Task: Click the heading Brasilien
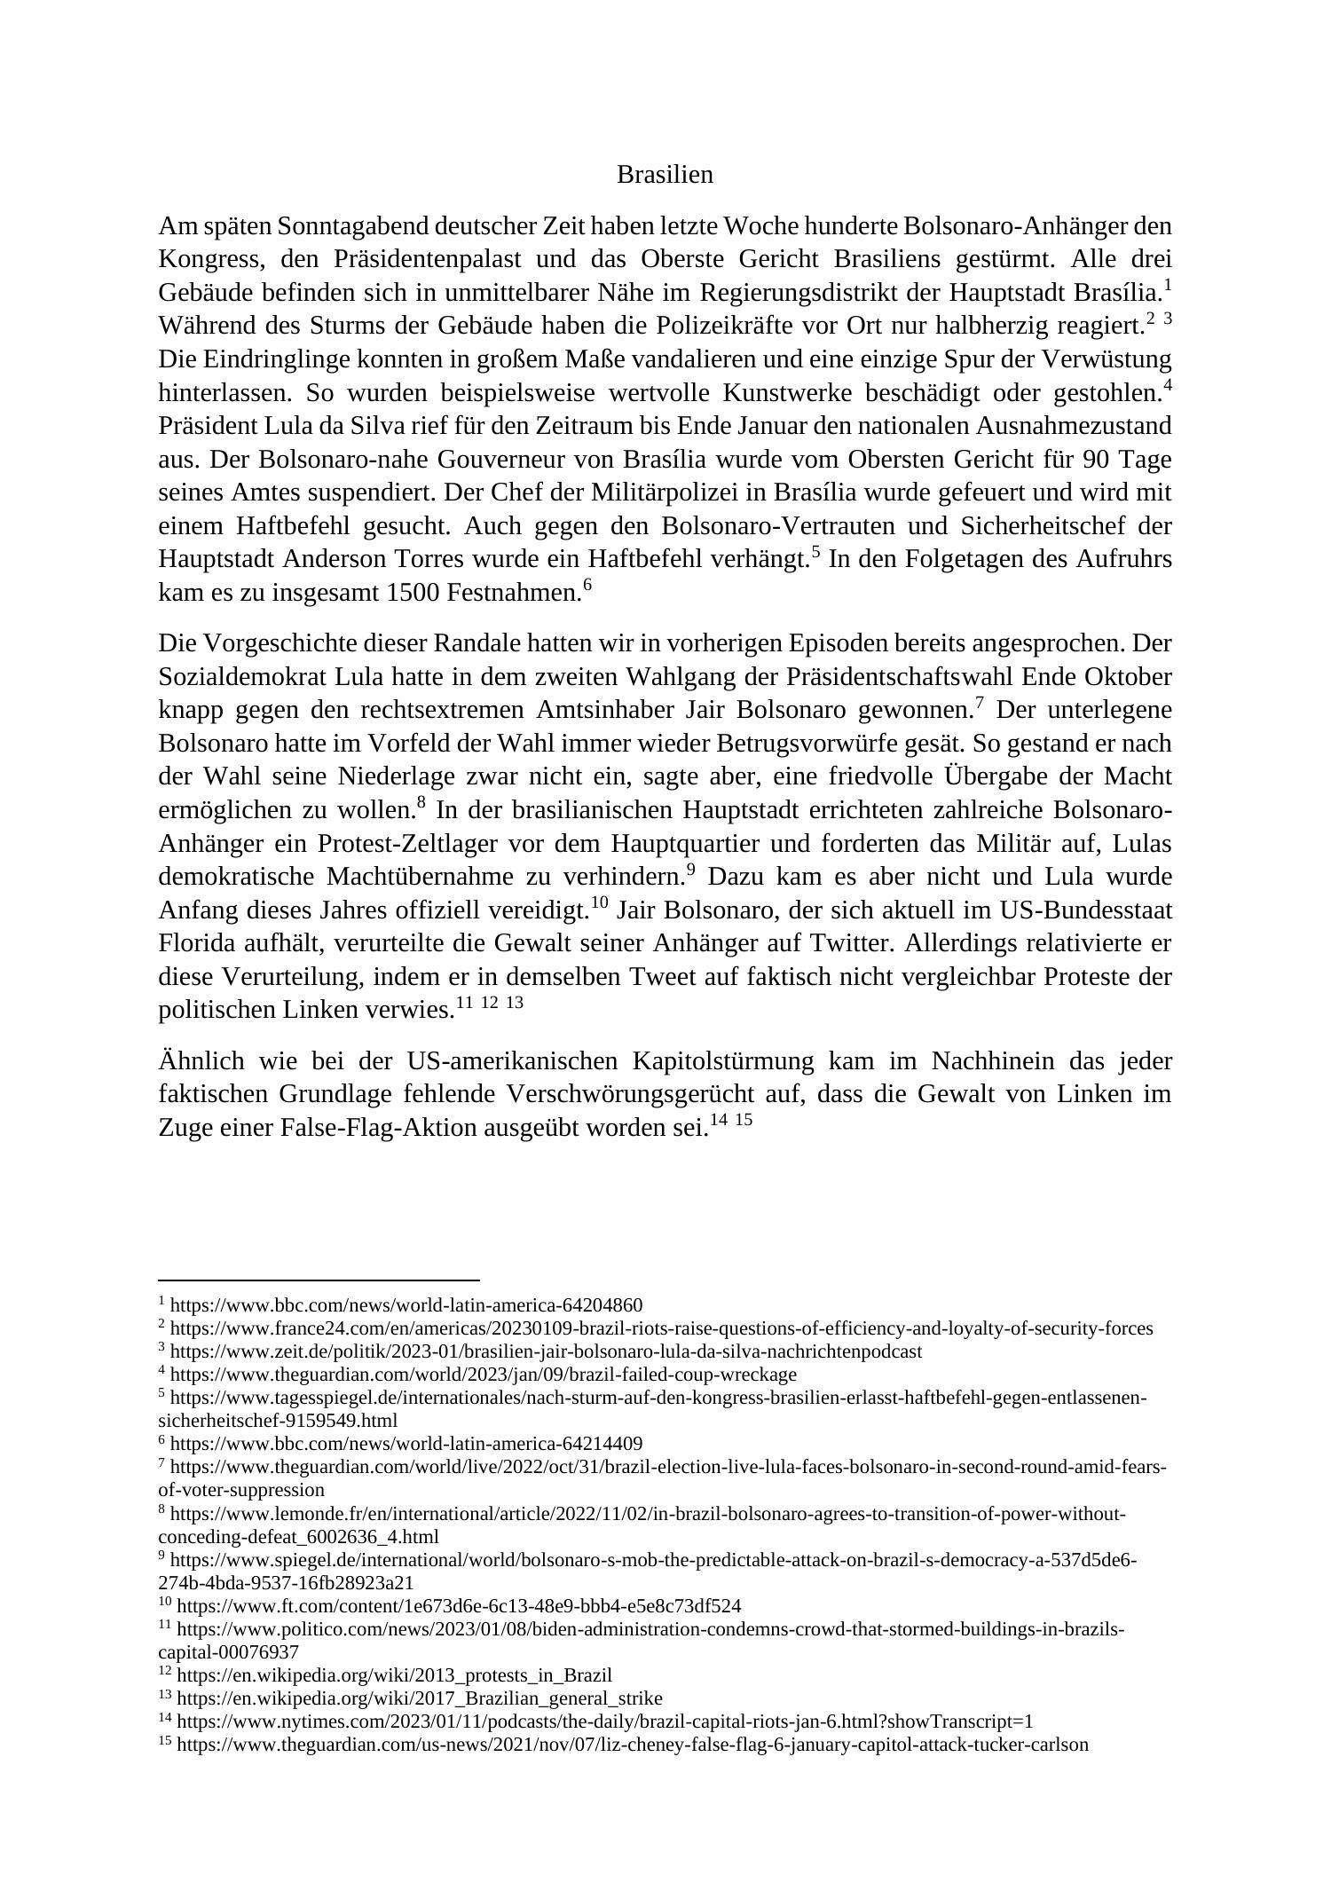pyautogui.click(x=665, y=175)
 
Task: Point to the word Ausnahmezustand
pyautogui.click(x=1073, y=427)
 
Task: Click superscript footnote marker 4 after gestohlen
pyautogui.click(x=1168, y=385)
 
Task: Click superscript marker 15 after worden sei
pyautogui.click(x=744, y=1121)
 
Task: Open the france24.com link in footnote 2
pyautogui.click(x=661, y=1329)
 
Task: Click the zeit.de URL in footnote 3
pyautogui.click(x=546, y=1352)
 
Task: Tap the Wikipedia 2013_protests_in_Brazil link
pyautogui.click(x=394, y=1675)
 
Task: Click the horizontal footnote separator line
pyautogui.click(x=319, y=1280)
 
